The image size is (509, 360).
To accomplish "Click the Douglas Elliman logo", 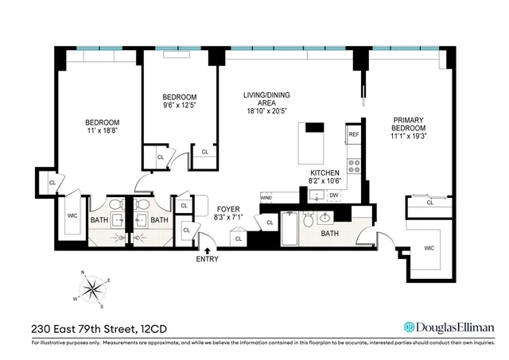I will [449, 327].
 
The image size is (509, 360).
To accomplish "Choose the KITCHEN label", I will [325, 172].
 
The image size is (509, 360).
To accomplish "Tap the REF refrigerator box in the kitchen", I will [354, 135].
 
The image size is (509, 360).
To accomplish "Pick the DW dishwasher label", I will [334, 195].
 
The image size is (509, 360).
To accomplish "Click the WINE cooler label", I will [266, 196].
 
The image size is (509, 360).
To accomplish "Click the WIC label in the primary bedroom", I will [429, 249].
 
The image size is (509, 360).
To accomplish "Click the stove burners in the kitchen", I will [355, 168].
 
